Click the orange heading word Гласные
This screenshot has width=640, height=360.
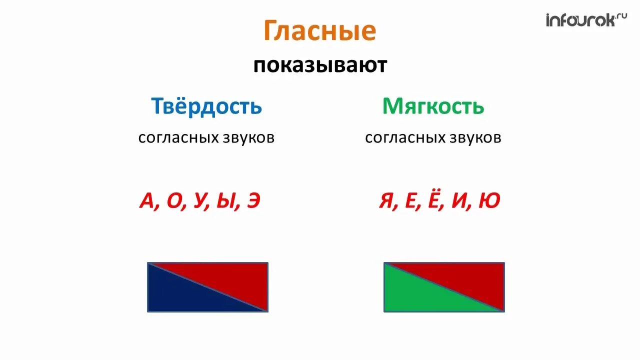(319, 31)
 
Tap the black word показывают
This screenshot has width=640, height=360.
(320, 66)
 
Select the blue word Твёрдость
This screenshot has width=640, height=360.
(206, 106)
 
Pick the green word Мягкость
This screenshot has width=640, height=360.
(433, 106)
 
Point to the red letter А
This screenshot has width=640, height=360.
(147, 201)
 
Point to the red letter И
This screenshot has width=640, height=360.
(460, 201)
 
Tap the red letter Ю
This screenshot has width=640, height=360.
(489, 201)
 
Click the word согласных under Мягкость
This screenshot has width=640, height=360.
(402, 138)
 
